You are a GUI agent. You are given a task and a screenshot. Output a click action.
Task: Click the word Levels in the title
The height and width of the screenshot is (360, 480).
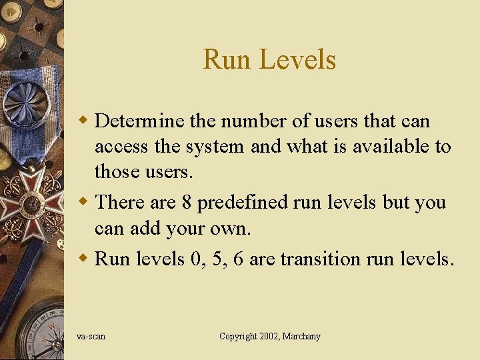point(297,59)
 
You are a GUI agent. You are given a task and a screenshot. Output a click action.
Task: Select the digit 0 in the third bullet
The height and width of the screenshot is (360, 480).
point(195,259)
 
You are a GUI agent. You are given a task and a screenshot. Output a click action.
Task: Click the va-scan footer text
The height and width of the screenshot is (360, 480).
point(91,337)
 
